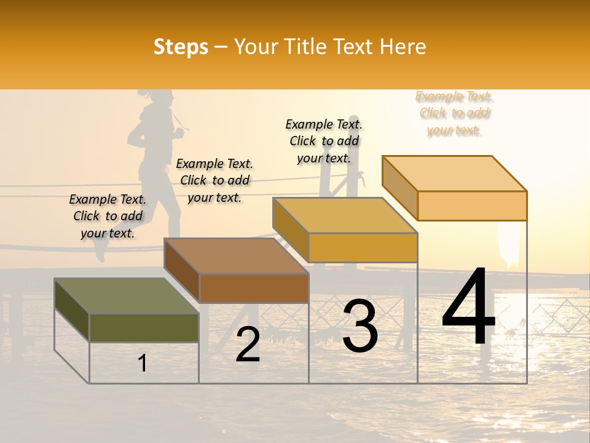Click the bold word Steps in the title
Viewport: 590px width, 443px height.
[x=181, y=47]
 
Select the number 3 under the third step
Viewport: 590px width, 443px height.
[x=360, y=325]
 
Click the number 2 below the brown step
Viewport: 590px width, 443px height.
[x=248, y=344]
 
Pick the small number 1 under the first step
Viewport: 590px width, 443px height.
[x=143, y=363]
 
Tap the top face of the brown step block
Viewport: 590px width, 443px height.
[x=236, y=256]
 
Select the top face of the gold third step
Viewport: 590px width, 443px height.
[x=345, y=215]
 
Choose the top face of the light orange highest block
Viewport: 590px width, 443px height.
[x=455, y=174]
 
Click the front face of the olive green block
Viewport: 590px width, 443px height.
[x=144, y=327]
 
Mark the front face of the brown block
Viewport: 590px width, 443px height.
[x=254, y=288]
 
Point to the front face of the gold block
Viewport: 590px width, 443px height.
[x=363, y=247]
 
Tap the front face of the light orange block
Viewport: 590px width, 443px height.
[x=472, y=206]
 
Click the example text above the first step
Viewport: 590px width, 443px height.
[x=108, y=216]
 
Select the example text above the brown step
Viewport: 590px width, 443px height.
[x=214, y=180]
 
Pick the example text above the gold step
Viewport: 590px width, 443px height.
[x=324, y=141]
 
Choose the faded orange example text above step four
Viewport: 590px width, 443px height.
[x=454, y=113]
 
